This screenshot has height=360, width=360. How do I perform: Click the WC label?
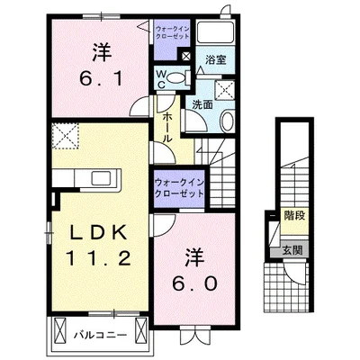[x=161, y=79]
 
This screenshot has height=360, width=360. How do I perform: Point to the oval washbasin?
[x=227, y=121]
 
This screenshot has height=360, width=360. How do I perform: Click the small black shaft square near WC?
[x=185, y=56]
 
